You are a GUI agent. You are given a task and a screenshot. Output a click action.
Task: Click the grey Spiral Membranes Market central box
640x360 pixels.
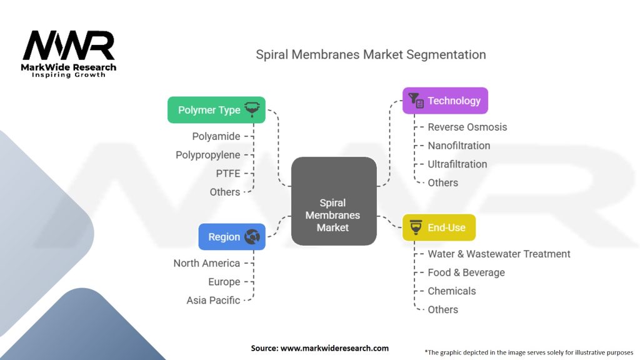coord(334,201)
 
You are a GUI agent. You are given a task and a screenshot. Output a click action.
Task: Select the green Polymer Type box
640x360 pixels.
coord(216,110)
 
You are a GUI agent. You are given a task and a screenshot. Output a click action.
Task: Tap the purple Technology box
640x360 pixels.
coord(444,101)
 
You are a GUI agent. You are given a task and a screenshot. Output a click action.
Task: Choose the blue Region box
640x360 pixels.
coord(232,237)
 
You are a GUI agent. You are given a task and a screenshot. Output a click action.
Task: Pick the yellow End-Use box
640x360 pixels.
coord(438,227)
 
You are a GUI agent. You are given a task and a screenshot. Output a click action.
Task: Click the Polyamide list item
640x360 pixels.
coord(216,136)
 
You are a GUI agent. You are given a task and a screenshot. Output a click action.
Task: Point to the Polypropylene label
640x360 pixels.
coord(207,154)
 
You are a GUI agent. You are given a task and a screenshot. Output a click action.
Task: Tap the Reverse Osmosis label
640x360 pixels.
coord(467,127)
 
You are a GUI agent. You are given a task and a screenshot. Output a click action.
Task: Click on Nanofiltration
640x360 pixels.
coord(459,146)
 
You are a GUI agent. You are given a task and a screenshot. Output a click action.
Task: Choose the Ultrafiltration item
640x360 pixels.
coord(457,164)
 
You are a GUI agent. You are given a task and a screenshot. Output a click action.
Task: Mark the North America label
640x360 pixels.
coord(206,263)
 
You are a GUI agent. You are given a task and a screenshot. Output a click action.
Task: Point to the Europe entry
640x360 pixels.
coord(224,282)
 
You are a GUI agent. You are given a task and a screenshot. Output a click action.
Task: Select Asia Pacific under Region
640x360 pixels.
coord(213,300)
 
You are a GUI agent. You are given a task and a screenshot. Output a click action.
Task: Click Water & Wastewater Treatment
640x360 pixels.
coord(499,254)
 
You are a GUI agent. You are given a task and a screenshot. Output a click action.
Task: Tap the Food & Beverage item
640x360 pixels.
coord(466,272)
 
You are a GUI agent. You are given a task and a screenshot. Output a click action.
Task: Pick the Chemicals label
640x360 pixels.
coord(451,291)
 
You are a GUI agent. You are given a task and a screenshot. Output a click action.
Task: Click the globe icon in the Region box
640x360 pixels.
coord(252,237)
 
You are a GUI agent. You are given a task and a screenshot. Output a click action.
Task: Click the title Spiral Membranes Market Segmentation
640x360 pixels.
coord(371,54)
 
